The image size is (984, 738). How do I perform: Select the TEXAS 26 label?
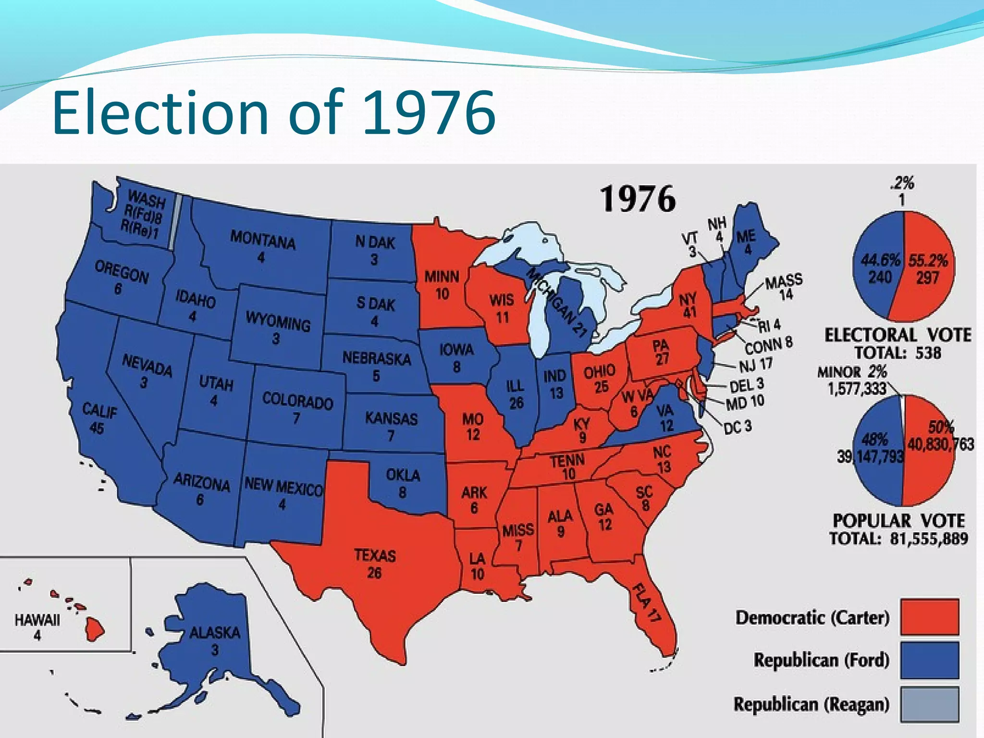[x=375, y=564]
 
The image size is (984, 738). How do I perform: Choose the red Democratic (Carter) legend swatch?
[x=929, y=616]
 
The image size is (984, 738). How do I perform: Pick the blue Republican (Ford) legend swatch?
[x=929, y=660]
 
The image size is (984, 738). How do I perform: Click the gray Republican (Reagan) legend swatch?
[x=929, y=704]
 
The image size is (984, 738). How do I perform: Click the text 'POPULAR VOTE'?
[x=898, y=521]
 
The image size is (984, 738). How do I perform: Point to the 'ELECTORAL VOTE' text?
[x=898, y=335]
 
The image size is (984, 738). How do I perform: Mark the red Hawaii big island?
[x=95, y=629]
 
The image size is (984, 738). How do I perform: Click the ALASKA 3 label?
[x=214, y=640]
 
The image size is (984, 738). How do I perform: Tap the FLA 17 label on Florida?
[x=647, y=603]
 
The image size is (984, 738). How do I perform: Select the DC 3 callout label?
[x=737, y=427]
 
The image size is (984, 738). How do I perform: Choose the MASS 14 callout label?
[x=784, y=287]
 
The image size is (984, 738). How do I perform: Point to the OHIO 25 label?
[x=600, y=378]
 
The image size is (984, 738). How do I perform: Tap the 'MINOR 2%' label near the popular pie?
[x=851, y=371]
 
